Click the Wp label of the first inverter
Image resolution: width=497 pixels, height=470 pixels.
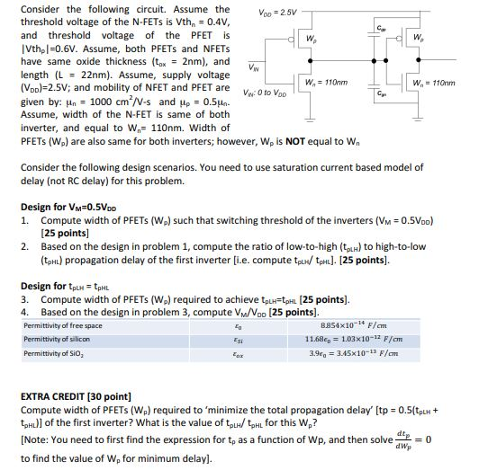[x=310, y=40]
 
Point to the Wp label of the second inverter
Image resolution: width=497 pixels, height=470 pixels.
[x=418, y=38]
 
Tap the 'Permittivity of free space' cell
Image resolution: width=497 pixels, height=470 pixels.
[x=62, y=325]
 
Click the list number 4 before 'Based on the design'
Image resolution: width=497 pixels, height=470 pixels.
[x=25, y=311]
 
